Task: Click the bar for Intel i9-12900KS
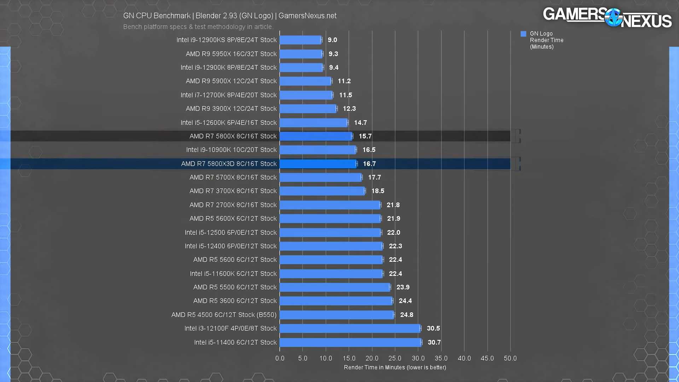301,40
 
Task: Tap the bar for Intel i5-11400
350,342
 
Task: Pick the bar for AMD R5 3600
336,301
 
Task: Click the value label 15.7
365,136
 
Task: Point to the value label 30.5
433,328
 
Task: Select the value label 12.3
349,109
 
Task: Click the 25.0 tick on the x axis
395,358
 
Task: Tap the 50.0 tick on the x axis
510,358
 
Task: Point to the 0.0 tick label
280,358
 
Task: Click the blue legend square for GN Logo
523,34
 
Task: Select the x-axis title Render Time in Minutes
395,367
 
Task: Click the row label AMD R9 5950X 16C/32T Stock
231,54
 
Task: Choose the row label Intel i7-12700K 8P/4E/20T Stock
228,95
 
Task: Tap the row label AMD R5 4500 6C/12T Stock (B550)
224,315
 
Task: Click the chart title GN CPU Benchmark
230,16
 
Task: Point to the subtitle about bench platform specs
198,27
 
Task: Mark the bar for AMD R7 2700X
330,205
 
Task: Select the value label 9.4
333,68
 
